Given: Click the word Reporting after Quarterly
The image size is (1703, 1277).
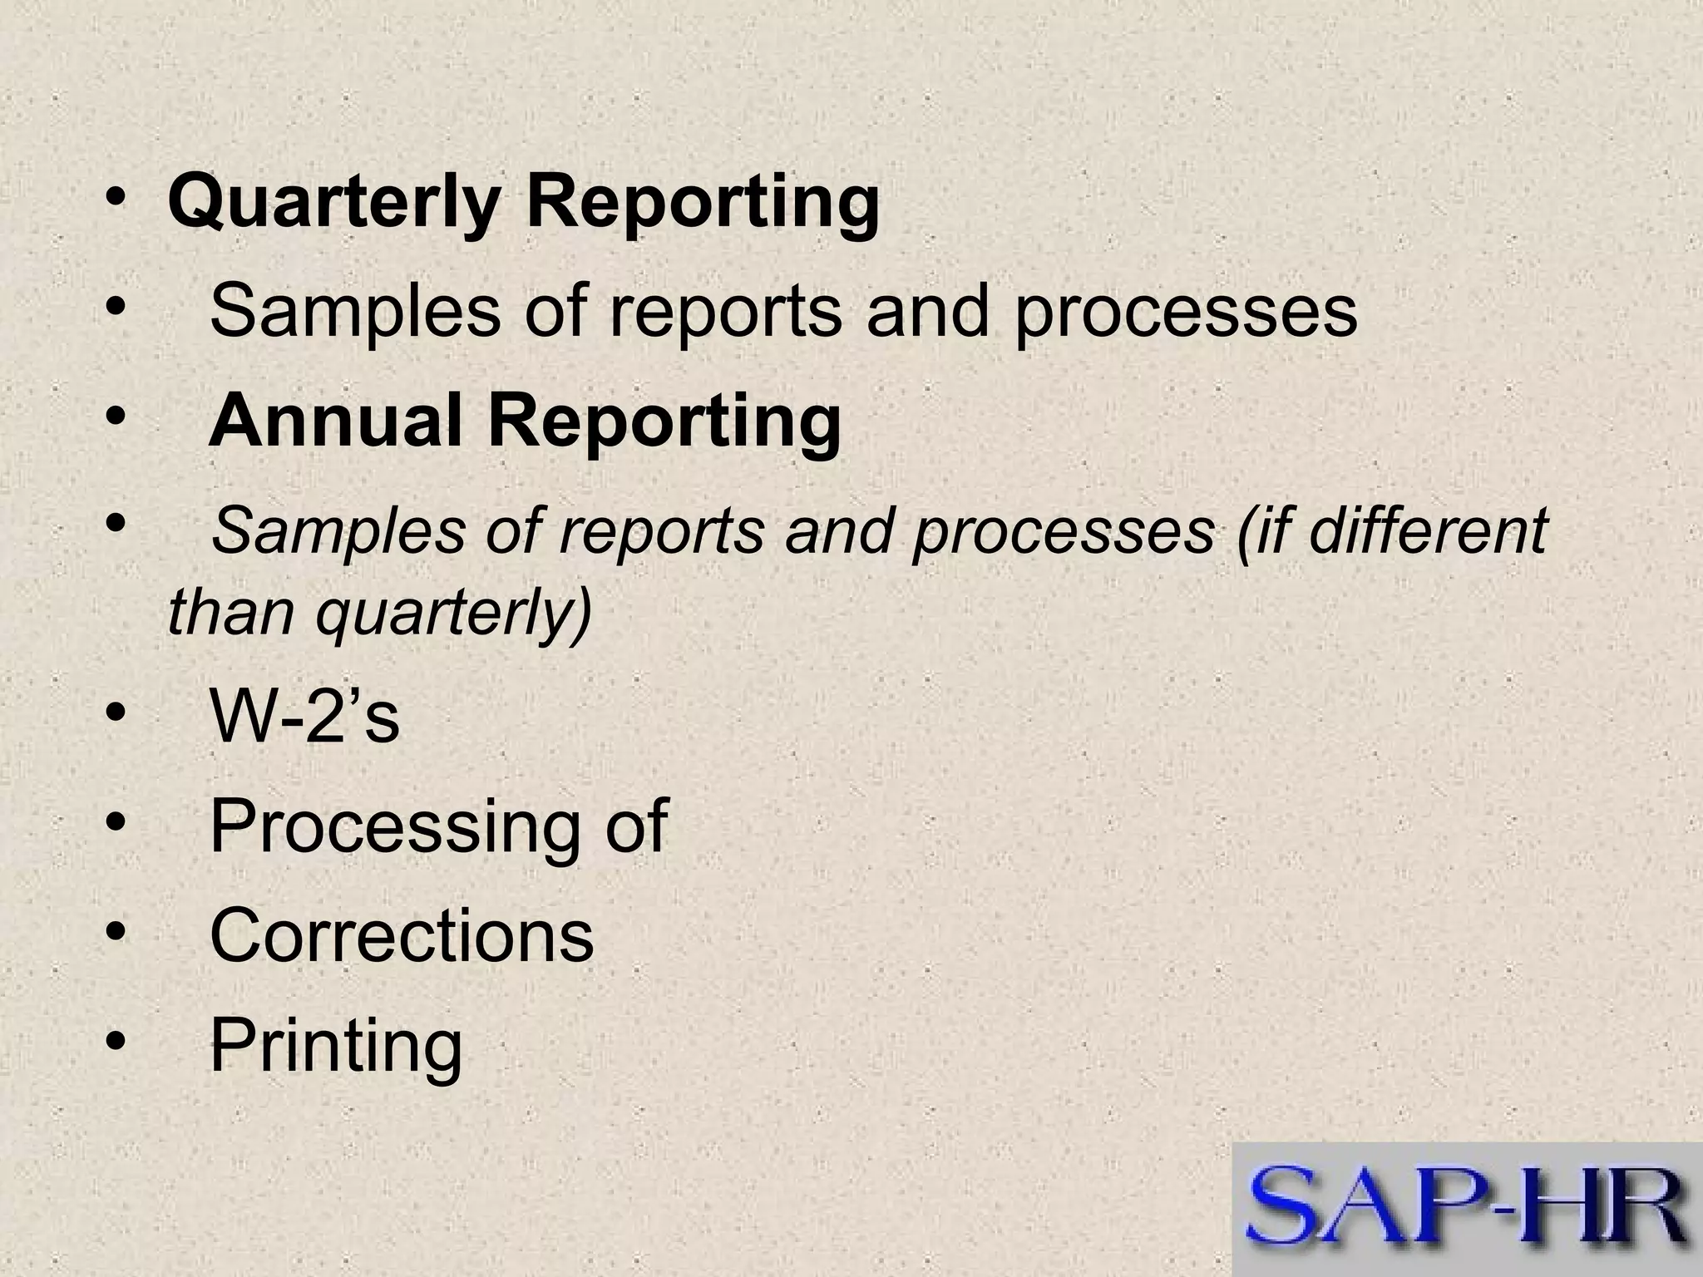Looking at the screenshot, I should point(703,205).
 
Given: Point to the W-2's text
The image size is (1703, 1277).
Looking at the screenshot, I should point(304,717).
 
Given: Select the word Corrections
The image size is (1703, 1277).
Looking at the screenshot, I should point(402,935).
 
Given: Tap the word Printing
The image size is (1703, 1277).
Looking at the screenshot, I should point(335,1046).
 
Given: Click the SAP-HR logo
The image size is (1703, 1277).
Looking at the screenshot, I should point(1467,1209).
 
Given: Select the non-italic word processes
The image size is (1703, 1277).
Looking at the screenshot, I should point(1186,311).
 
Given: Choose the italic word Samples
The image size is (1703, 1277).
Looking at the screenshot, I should point(338,531).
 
